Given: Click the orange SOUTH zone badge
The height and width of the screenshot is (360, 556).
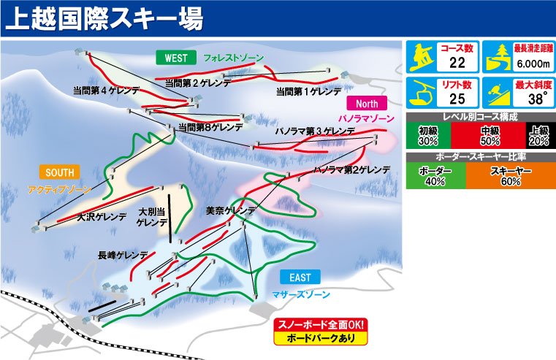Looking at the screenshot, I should click(x=60, y=172).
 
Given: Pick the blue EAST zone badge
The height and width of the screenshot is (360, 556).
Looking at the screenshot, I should click(x=300, y=277).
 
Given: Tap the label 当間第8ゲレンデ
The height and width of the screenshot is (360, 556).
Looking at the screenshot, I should click(x=212, y=127).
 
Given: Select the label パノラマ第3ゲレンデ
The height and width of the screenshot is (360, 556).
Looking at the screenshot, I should click(x=314, y=131).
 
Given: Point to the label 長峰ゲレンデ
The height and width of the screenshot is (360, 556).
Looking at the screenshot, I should click(x=123, y=256).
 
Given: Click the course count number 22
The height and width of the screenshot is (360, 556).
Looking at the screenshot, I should click(x=458, y=64).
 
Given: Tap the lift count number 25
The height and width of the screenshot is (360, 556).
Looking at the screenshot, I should click(x=458, y=100).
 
